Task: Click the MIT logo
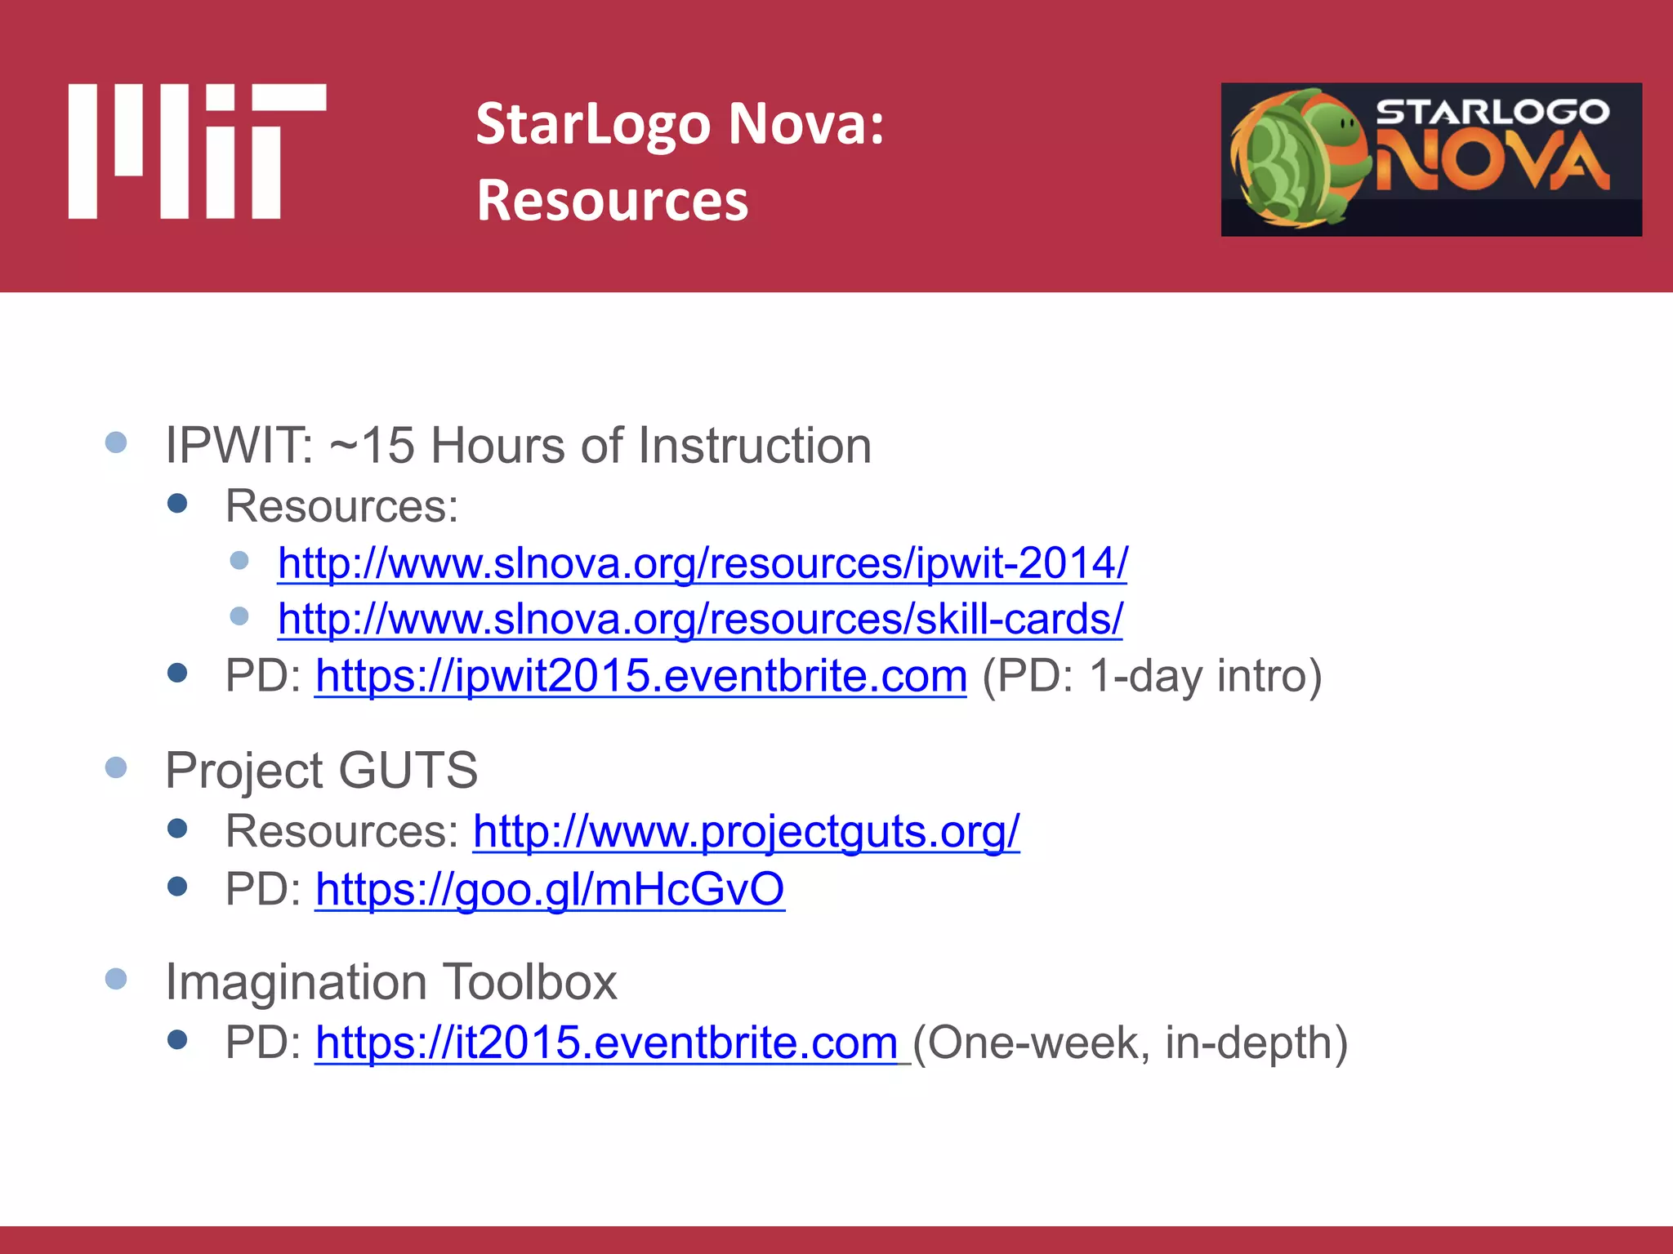click(197, 152)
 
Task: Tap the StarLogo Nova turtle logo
click(1430, 159)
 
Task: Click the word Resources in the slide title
click(612, 201)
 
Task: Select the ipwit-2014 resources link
click(702, 563)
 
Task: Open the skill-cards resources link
click(699, 619)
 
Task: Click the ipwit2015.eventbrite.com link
click(640, 676)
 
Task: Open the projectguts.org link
click(746, 831)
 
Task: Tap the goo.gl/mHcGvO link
click(549, 888)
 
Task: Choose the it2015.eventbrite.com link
click(606, 1043)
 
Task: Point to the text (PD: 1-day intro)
click(1151, 676)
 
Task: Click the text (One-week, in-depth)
click(1130, 1043)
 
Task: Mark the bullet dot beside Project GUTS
click(116, 767)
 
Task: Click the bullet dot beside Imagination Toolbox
click(116, 979)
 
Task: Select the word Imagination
click(296, 981)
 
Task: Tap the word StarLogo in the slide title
click(593, 124)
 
